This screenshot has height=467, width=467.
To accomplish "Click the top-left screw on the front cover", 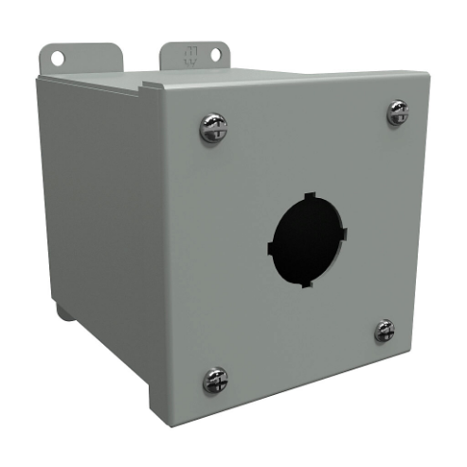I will [x=213, y=128].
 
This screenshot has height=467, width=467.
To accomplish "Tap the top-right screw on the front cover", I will [x=397, y=114].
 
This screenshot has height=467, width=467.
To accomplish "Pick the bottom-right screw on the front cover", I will [x=384, y=331].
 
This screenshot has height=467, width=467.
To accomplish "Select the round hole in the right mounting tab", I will [x=215, y=55].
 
